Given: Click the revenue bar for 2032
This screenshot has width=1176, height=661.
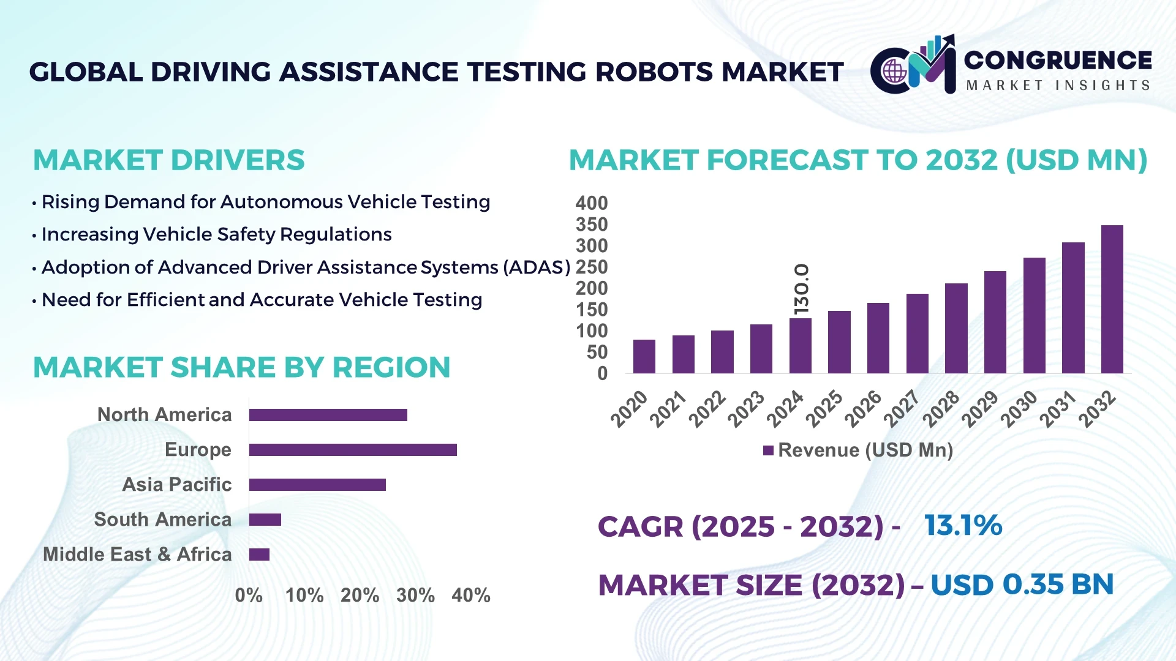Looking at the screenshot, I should click(1112, 299).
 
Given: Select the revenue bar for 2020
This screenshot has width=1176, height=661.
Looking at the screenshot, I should click(644, 356).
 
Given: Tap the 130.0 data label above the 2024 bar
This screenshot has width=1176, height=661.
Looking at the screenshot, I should click(801, 289).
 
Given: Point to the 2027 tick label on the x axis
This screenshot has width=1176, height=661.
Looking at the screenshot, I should click(902, 409).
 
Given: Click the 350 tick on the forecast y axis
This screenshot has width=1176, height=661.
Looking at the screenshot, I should click(591, 225).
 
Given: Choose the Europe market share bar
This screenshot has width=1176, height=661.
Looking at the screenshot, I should click(353, 450).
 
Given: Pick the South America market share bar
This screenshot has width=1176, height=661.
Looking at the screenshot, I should click(265, 520).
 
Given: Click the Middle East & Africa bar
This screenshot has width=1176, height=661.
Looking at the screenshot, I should click(259, 555).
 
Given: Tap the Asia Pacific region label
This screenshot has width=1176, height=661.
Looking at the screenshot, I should click(176, 484).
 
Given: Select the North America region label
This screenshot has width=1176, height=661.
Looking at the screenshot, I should click(164, 414).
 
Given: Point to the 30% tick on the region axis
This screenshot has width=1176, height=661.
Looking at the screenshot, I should click(415, 595).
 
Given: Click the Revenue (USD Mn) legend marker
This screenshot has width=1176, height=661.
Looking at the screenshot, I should click(768, 450).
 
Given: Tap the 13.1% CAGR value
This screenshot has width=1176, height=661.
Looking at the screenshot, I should click(963, 525).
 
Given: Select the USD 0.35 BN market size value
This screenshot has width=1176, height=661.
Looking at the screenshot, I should click(1022, 584).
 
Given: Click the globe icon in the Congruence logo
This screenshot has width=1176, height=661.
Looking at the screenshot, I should click(894, 72).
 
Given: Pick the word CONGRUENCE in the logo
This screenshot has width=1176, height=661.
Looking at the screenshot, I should click(1058, 60).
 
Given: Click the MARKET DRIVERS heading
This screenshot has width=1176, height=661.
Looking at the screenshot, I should click(168, 160).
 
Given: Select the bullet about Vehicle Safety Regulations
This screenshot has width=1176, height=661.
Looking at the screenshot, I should click(216, 234).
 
